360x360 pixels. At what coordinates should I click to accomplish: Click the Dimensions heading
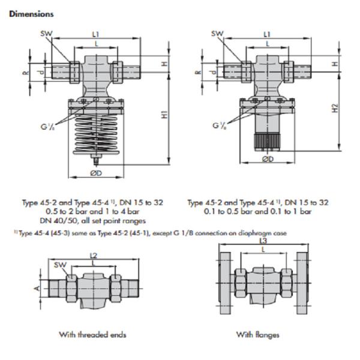point(31,13)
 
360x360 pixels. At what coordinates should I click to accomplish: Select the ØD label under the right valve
point(268,159)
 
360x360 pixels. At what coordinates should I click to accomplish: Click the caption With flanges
point(257,334)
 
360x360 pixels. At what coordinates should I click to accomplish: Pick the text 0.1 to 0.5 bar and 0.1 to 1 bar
point(257,212)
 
